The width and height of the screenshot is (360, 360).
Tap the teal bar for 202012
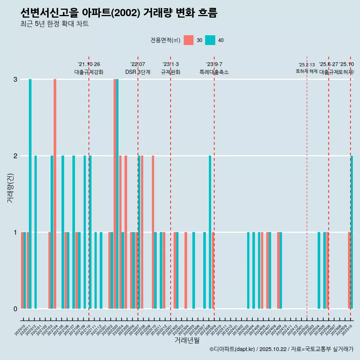[x=36, y=232]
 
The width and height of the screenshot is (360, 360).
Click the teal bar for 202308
[x=210, y=232]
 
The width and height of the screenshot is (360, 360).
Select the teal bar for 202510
[x=352, y=232]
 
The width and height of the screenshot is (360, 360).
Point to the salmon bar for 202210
[x=153, y=232]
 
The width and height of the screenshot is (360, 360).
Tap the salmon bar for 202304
[x=186, y=270]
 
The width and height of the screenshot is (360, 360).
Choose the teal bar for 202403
[x=248, y=270]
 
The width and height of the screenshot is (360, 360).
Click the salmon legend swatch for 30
[x=189, y=40]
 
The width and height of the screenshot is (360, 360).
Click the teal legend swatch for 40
[x=210, y=40]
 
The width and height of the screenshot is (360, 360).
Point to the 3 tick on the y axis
[x=15, y=79]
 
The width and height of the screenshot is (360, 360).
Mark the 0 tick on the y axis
[x=15, y=309]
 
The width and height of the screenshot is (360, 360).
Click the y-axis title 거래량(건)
[x=10, y=187]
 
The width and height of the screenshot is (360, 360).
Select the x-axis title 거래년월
[x=187, y=340]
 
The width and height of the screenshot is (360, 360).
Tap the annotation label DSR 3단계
[x=138, y=72]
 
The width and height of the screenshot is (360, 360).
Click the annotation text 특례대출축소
[x=214, y=72]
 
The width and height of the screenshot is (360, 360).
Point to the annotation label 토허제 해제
[x=307, y=71]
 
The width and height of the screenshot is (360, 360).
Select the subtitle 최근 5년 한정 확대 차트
[x=54, y=24]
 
